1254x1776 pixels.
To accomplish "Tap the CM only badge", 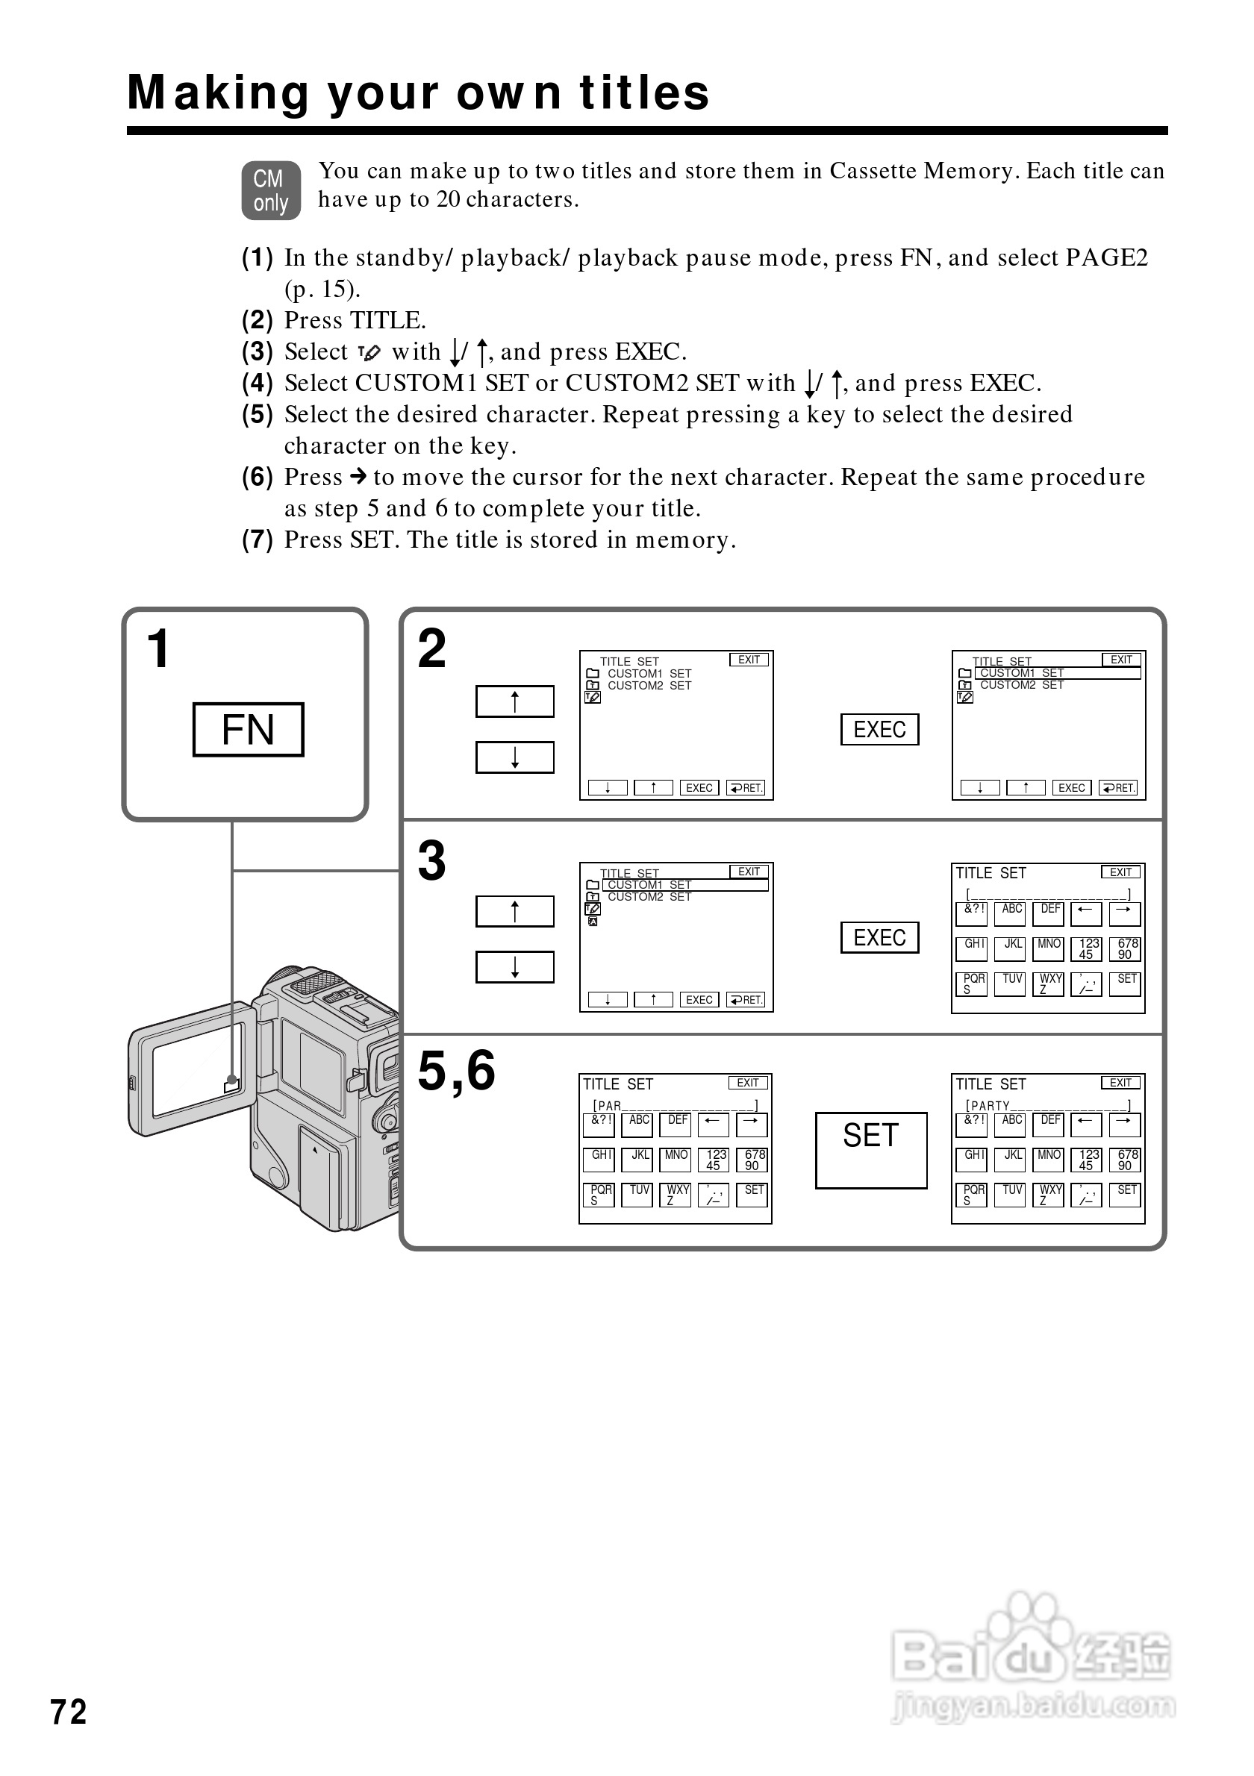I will tap(271, 190).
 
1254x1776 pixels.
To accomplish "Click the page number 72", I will tap(69, 1712).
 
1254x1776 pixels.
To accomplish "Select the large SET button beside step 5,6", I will tap(870, 1150).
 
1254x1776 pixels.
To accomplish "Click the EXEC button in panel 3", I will tap(879, 937).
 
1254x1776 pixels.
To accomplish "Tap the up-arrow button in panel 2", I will tap(514, 701).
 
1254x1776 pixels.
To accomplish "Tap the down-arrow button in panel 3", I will tap(514, 967).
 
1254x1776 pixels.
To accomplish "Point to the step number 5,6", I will tap(456, 1072).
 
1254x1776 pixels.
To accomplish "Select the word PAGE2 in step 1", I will tap(1106, 257).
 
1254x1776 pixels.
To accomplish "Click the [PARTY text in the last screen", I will tap(988, 1106).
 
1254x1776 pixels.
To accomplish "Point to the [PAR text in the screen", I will tap(608, 1106).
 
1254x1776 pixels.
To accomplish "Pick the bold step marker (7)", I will tap(258, 540).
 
